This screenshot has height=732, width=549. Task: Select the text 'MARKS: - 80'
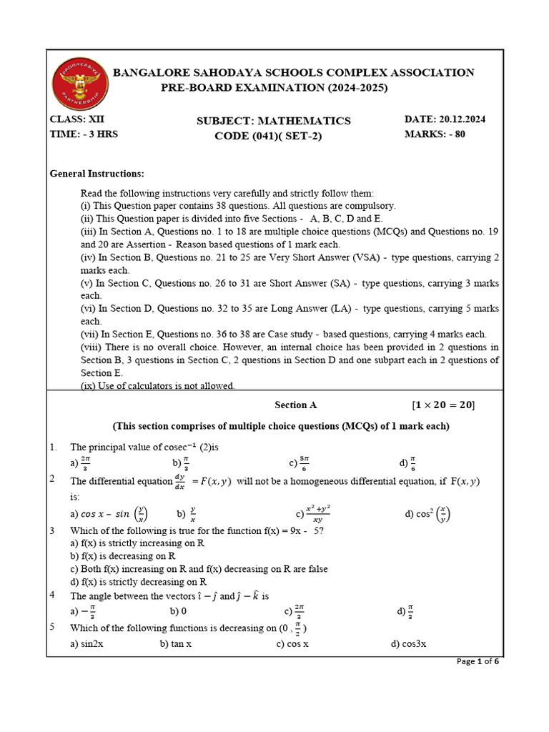(435, 134)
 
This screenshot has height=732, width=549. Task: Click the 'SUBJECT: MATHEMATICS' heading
(274, 121)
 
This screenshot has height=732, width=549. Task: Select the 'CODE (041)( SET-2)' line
(269, 136)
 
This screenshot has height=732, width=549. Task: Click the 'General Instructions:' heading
(97, 174)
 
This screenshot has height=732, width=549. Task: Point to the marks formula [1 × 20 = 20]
(442, 405)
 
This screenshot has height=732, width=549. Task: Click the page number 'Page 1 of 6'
(478, 661)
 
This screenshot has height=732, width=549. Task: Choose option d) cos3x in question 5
(408, 643)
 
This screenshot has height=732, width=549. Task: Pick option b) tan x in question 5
(175, 643)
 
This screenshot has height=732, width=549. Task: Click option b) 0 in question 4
(178, 611)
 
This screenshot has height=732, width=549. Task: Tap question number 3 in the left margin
(52, 531)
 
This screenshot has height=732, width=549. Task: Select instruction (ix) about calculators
(157, 386)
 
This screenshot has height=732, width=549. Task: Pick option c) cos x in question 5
(292, 643)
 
